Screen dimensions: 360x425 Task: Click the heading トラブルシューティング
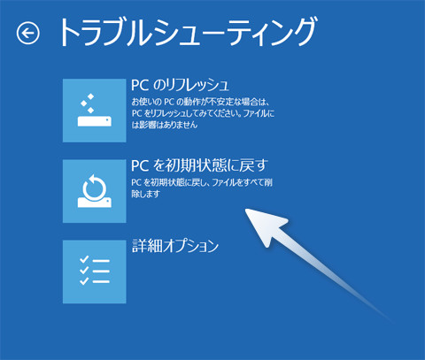[186, 33]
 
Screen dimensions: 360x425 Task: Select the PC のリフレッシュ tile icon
[94, 110]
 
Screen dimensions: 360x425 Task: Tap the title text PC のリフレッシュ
[180, 85]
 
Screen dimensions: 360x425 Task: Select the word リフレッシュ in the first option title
[196, 85]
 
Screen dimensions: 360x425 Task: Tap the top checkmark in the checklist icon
[81, 259]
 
